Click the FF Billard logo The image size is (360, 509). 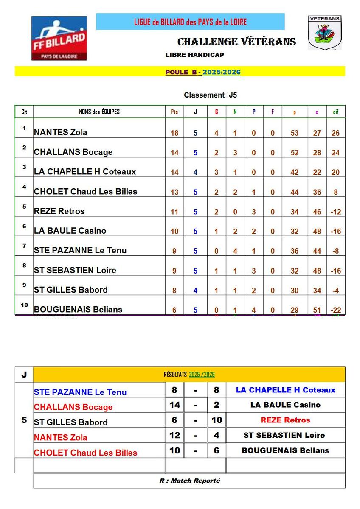59,38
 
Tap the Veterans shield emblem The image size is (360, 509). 324,33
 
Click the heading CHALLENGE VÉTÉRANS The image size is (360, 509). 236,42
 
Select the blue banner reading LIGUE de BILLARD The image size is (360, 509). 190,22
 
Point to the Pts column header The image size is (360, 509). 174,112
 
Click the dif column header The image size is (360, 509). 336,112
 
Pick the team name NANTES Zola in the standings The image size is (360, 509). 60,132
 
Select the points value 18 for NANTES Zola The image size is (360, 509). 174,133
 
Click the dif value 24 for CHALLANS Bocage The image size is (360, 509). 336,153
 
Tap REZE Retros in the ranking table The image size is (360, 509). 59,211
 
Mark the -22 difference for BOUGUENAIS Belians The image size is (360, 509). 336,310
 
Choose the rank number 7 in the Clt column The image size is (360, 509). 24,246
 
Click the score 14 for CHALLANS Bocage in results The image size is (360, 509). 174,405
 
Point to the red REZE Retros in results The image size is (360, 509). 285,420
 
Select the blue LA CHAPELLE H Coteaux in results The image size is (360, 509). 285,390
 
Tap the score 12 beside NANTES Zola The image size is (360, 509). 174,435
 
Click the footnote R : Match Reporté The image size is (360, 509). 190,481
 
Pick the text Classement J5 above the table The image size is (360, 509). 210,95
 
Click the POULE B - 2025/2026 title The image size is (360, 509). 203,72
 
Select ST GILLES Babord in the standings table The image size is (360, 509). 70,290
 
